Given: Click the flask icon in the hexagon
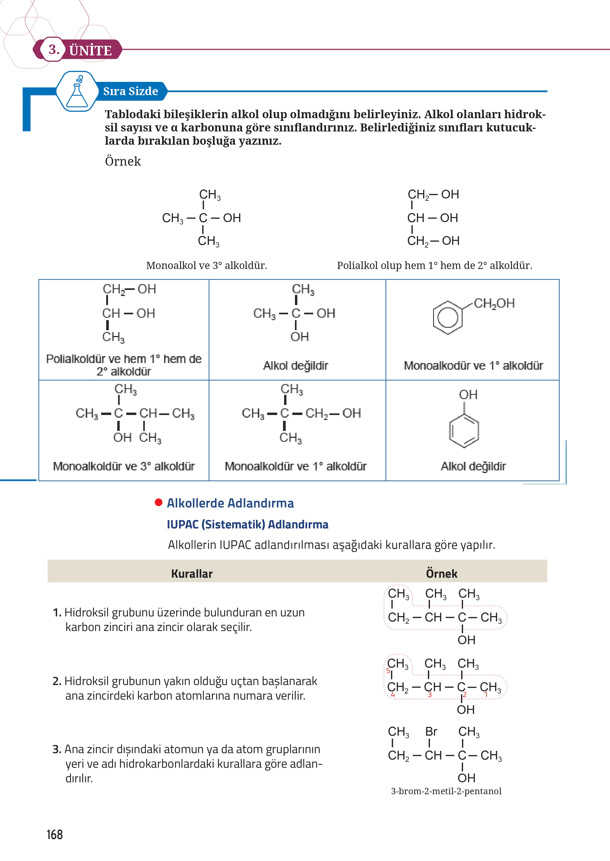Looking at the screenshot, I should (x=77, y=92).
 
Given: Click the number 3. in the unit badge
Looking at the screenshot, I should (x=54, y=50).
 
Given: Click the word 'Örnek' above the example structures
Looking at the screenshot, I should (x=123, y=161).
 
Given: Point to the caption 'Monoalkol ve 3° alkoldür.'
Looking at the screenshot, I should (x=206, y=266).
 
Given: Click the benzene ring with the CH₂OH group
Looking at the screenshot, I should (x=448, y=317).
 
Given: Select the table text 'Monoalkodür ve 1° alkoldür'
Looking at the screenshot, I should (x=473, y=365).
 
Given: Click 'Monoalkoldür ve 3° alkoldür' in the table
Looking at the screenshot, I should (x=124, y=466).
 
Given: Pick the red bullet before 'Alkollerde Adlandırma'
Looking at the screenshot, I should (x=159, y=502).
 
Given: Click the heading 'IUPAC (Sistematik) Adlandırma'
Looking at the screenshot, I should (x=247, y=524).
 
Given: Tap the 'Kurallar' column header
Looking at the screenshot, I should (x=192, y=573).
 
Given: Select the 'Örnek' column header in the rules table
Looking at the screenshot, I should (x=441, y=573).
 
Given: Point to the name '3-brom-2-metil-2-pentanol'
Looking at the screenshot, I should (x=446, y=791).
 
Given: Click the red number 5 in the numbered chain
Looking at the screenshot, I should (x=388, y=671).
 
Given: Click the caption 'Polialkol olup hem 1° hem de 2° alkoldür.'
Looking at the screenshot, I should (x=434, y=266).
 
